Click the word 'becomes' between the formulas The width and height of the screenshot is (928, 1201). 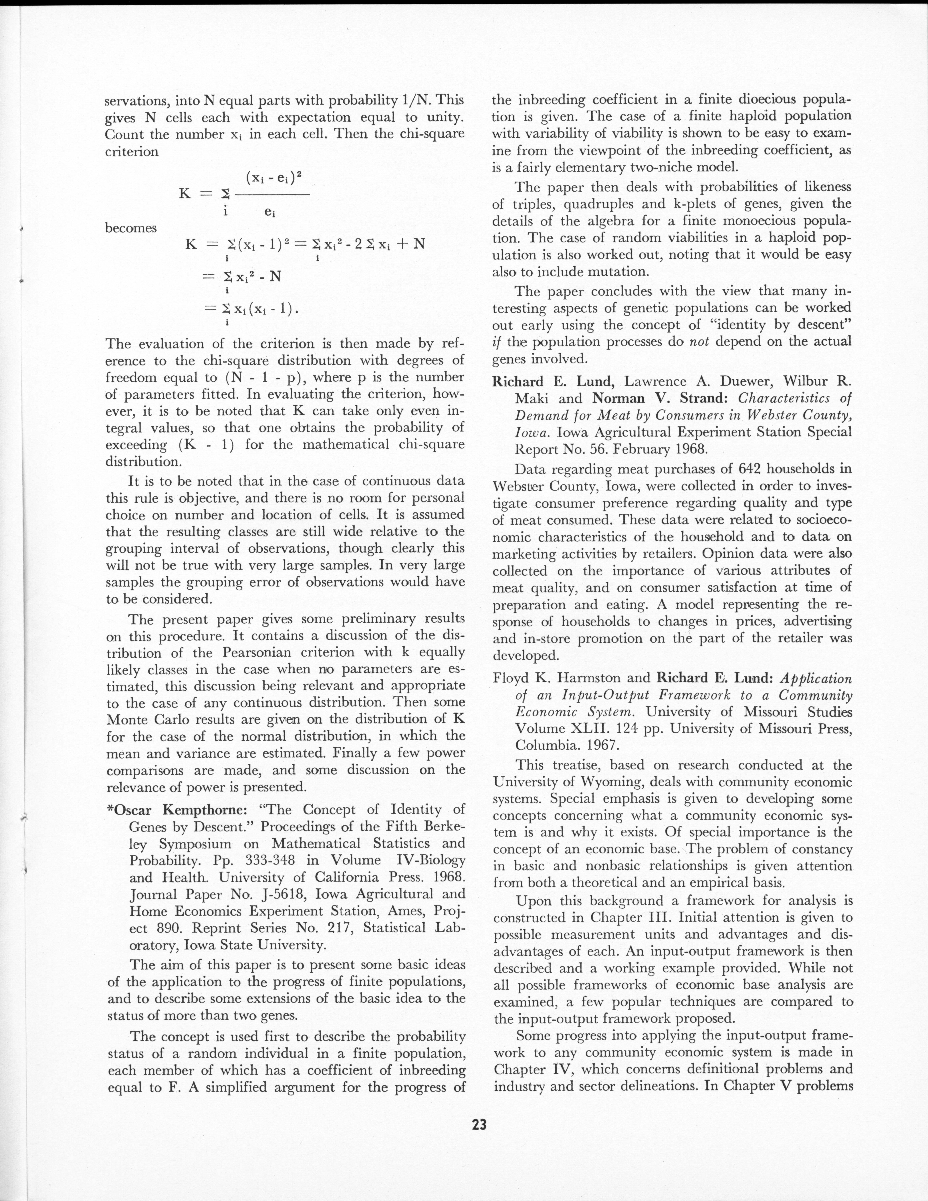pyautogui.click(x=130, y=228)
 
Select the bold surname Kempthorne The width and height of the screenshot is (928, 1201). pyautogui.click(x=202, y=810)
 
